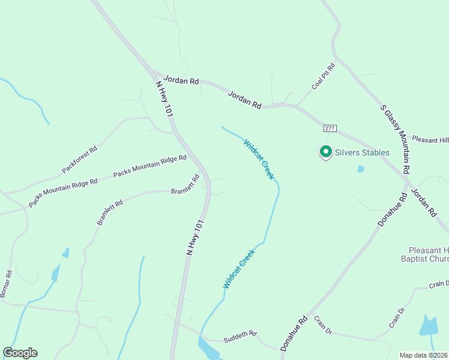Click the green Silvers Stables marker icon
(x=325, y=152)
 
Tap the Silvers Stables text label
(x=362, y=152)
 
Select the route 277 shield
(x=329, y=129)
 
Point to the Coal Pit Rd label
(x=323, y=76)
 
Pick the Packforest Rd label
(x=79, y=160)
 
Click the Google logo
(x=20, y=353)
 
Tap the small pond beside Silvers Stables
(x=360, y=169)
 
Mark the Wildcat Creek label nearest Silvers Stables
(x=259, y=159)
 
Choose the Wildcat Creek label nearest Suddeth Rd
(x=239, y=268)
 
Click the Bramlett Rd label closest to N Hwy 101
(x=185, y=185)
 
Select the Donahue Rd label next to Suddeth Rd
(x=294, y=333)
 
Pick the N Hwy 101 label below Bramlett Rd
(x=196, y=238)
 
